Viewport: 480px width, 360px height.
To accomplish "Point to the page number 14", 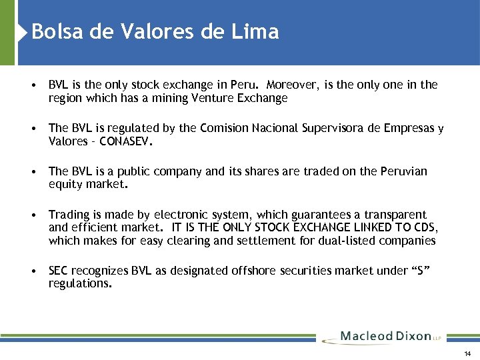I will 467,353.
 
